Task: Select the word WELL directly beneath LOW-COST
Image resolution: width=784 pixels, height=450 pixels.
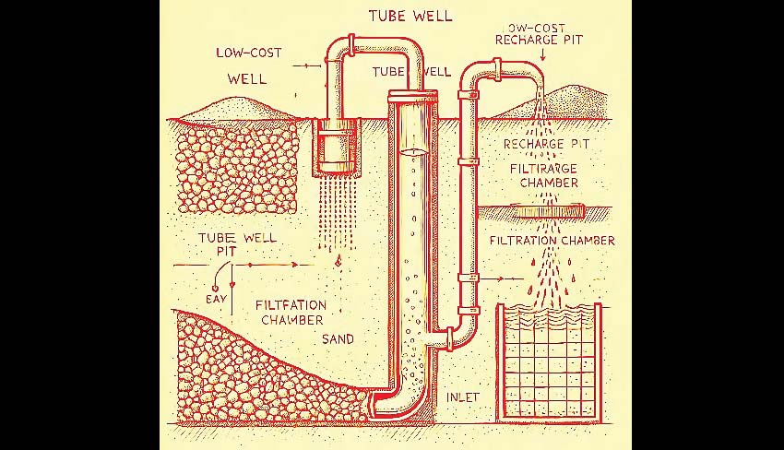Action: tap(246, 78)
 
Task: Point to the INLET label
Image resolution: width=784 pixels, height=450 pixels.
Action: tap(464, 397)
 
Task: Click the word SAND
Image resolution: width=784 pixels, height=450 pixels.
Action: tap(338, 339)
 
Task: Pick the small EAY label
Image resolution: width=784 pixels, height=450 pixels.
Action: tap(215, 299)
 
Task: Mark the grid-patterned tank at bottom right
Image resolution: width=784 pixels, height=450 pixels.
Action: tap(549, 360)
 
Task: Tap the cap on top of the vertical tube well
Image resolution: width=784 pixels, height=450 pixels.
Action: tap(411, 94)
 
